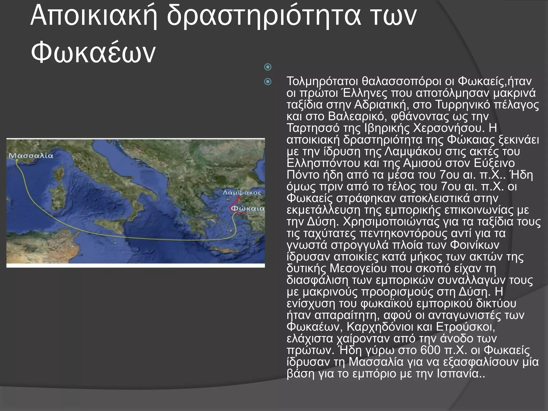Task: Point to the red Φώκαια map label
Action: click(248, 208)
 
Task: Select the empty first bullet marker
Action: click(268, 67)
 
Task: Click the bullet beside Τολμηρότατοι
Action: click(268, 82)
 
